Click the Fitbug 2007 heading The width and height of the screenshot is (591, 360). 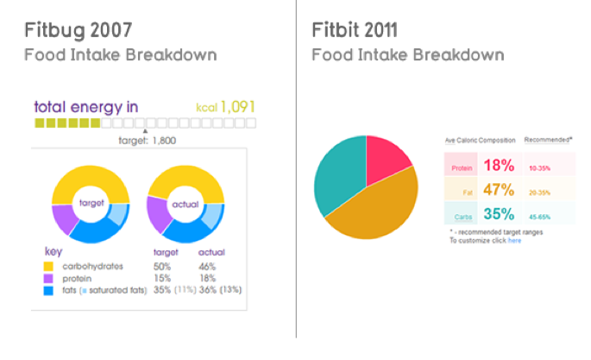click(79, 30)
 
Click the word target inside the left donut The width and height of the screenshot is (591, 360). click(91, 203)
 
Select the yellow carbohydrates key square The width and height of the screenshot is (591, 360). click(48, 266)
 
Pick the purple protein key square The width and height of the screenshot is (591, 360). click(48, 279)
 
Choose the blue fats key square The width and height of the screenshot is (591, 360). click(48, 292)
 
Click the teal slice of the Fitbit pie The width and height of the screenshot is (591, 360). click(341, 177)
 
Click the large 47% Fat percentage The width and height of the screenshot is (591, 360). click(499, 190)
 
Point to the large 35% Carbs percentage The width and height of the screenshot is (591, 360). click(499, 214)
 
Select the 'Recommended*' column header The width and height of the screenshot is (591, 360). click(549, 139)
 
